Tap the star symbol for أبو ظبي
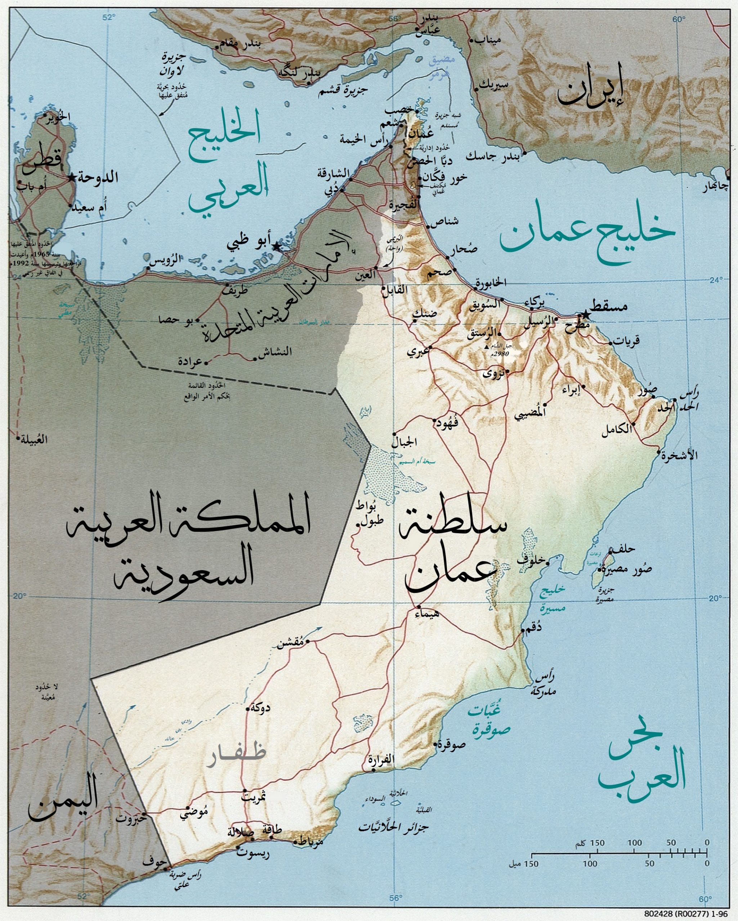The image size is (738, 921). (276, 247)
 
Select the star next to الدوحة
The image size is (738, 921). (71, 177)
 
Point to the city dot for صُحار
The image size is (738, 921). (448, 257)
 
